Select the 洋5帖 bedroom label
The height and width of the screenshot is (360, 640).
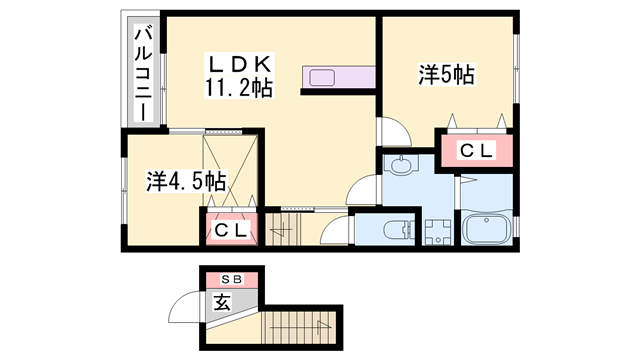point(445,73)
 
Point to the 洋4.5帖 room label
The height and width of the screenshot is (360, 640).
point(186,181)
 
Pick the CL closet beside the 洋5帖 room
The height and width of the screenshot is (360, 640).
point(475,150)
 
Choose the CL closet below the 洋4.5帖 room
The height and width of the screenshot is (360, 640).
point(233,229)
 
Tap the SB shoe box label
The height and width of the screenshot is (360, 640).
point(231,279)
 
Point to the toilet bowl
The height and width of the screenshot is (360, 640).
point(398,228)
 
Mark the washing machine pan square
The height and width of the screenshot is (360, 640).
point(437,231)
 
